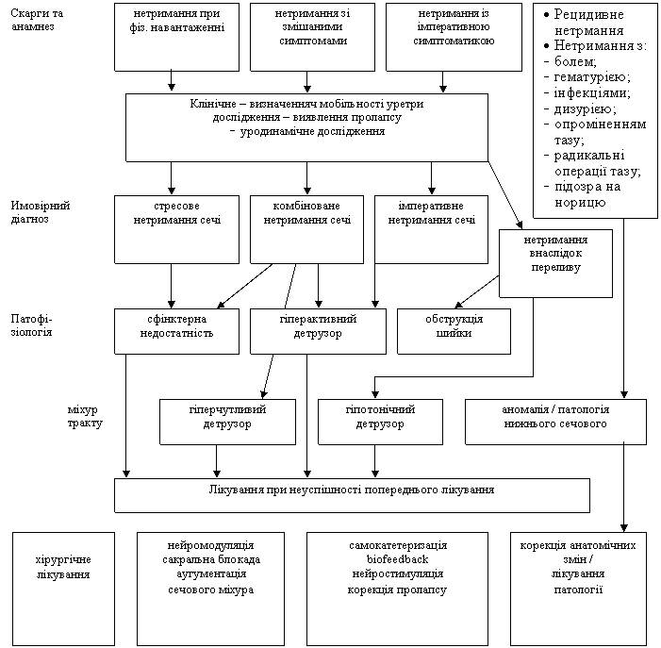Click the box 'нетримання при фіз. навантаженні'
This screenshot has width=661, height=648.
(x=176, y=37)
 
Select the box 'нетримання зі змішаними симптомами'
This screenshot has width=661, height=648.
(x=312, y=37)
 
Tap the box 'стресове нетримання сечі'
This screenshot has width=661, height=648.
(x=176, y=229)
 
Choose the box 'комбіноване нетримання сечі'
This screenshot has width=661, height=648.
(x=306, y=229)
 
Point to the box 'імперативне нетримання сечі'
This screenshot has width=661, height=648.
(x=431, y=229)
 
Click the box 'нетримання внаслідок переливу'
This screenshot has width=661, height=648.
(x=555, y=263)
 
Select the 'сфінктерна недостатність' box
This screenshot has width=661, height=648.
(x=176, y=331)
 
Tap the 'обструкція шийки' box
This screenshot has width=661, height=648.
(x=454, y=331)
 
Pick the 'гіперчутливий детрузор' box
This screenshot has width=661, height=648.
(x=227, y=422)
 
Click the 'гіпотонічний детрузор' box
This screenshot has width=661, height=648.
(x=380, y=422)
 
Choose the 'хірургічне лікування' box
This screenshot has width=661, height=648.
(x=63, y=589)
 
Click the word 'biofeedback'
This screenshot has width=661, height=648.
(x=398, y=559)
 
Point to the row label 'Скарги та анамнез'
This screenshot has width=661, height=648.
(x=37, y=20)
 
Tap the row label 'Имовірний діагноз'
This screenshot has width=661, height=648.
(x=41, y=212)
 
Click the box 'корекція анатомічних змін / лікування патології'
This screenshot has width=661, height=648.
(x=578, y=589)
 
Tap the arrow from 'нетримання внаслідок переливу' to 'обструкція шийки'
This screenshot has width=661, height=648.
(x=477, y=291)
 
